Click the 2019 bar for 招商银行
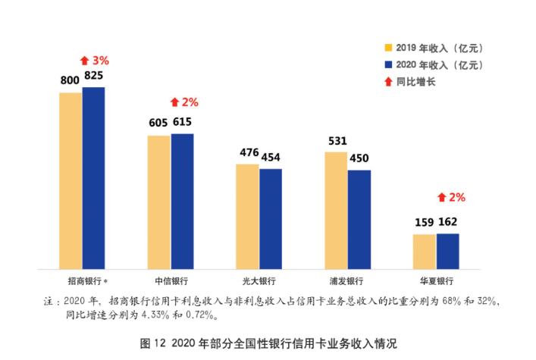click(71, 180)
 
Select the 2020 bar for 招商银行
click(94, 177)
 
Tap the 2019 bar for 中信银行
click(159, 201)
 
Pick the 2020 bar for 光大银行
click(271, 218)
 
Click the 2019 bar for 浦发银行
click(337, 209)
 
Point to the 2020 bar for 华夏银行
click(447, 250)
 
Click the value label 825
click(95, 76)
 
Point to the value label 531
click(337, 140)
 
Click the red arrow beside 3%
click(84, 60)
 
